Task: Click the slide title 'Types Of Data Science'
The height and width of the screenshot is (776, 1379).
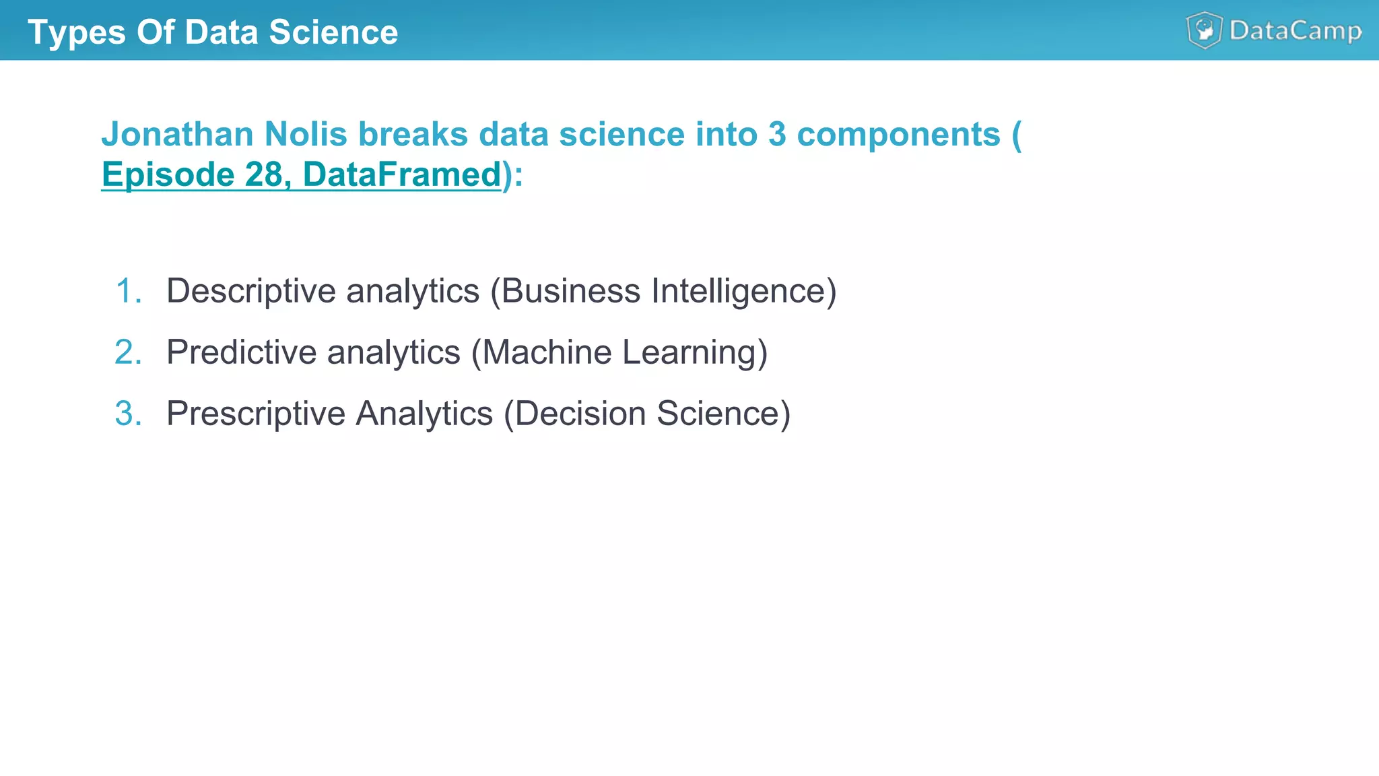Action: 213,32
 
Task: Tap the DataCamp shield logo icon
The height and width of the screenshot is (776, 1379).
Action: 1204,30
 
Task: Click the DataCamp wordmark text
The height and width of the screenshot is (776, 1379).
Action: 1296,31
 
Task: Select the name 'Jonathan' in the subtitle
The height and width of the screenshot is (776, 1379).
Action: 177,134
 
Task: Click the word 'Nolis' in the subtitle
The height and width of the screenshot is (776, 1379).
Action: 306,134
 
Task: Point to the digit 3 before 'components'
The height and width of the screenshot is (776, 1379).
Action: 776,134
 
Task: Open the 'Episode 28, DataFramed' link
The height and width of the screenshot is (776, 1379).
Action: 302,174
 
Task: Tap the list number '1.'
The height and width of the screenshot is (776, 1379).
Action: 129,291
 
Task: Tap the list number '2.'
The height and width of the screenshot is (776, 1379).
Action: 129,352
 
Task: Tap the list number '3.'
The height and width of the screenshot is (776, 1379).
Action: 129,414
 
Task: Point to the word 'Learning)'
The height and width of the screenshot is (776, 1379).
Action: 694,352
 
